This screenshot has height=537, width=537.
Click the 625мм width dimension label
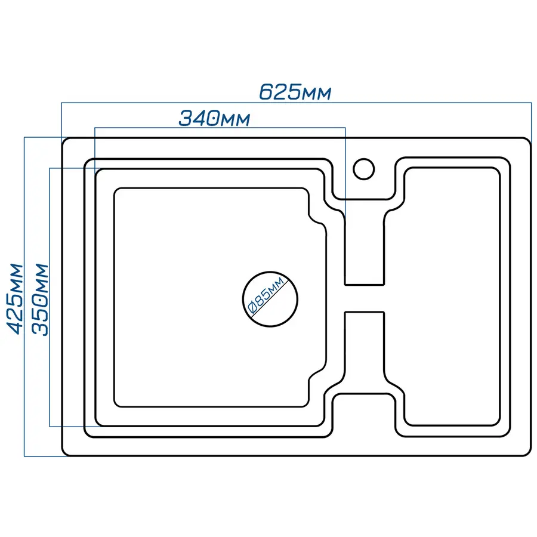coord(295,92)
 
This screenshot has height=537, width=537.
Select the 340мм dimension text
coord(214,118)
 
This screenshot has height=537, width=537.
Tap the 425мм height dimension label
coord(15,298)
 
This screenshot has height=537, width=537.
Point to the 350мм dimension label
coord(40,300)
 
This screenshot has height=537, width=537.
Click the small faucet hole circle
coord(364,169)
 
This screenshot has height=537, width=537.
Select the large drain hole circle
coord(270,300)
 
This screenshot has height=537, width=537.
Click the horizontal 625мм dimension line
coord(297,103)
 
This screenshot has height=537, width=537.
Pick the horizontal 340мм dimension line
coord(220,128)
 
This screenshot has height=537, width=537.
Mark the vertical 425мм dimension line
coord(24,297)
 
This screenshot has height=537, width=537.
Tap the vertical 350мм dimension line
coord(50,297)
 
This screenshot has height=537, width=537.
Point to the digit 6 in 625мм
coord(266,92)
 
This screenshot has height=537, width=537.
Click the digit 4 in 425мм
coord(15,327)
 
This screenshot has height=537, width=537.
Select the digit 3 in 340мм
coord(186,119)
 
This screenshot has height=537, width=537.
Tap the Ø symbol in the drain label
coord(252,308)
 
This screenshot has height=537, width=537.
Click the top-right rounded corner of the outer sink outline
coord(529,140)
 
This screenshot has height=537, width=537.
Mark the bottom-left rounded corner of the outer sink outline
coord(65,453)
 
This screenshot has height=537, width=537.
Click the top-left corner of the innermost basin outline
coord(116,190)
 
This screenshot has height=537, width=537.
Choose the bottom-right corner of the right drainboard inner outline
coord(497,422)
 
